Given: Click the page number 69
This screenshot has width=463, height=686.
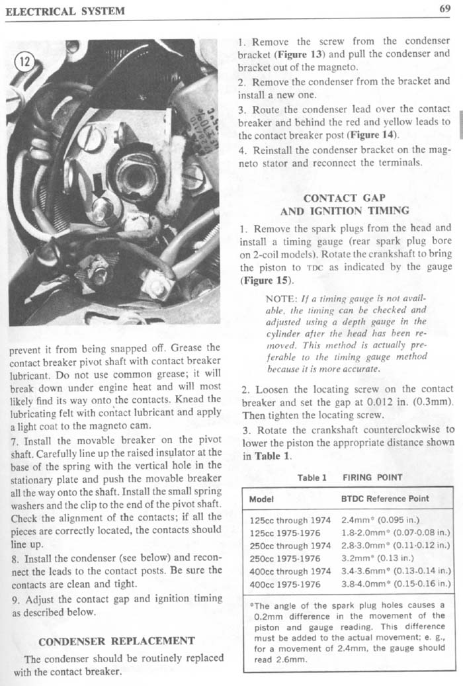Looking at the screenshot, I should point(444,9).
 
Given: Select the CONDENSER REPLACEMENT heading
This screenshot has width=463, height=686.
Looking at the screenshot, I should point(116,641).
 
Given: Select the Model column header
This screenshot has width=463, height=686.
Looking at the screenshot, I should point(262,499).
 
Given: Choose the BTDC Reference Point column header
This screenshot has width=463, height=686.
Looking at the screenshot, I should point(384,499).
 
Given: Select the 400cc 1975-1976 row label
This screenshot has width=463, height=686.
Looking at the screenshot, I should point(285,585).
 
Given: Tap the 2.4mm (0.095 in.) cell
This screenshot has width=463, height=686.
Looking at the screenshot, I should point(380,521).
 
